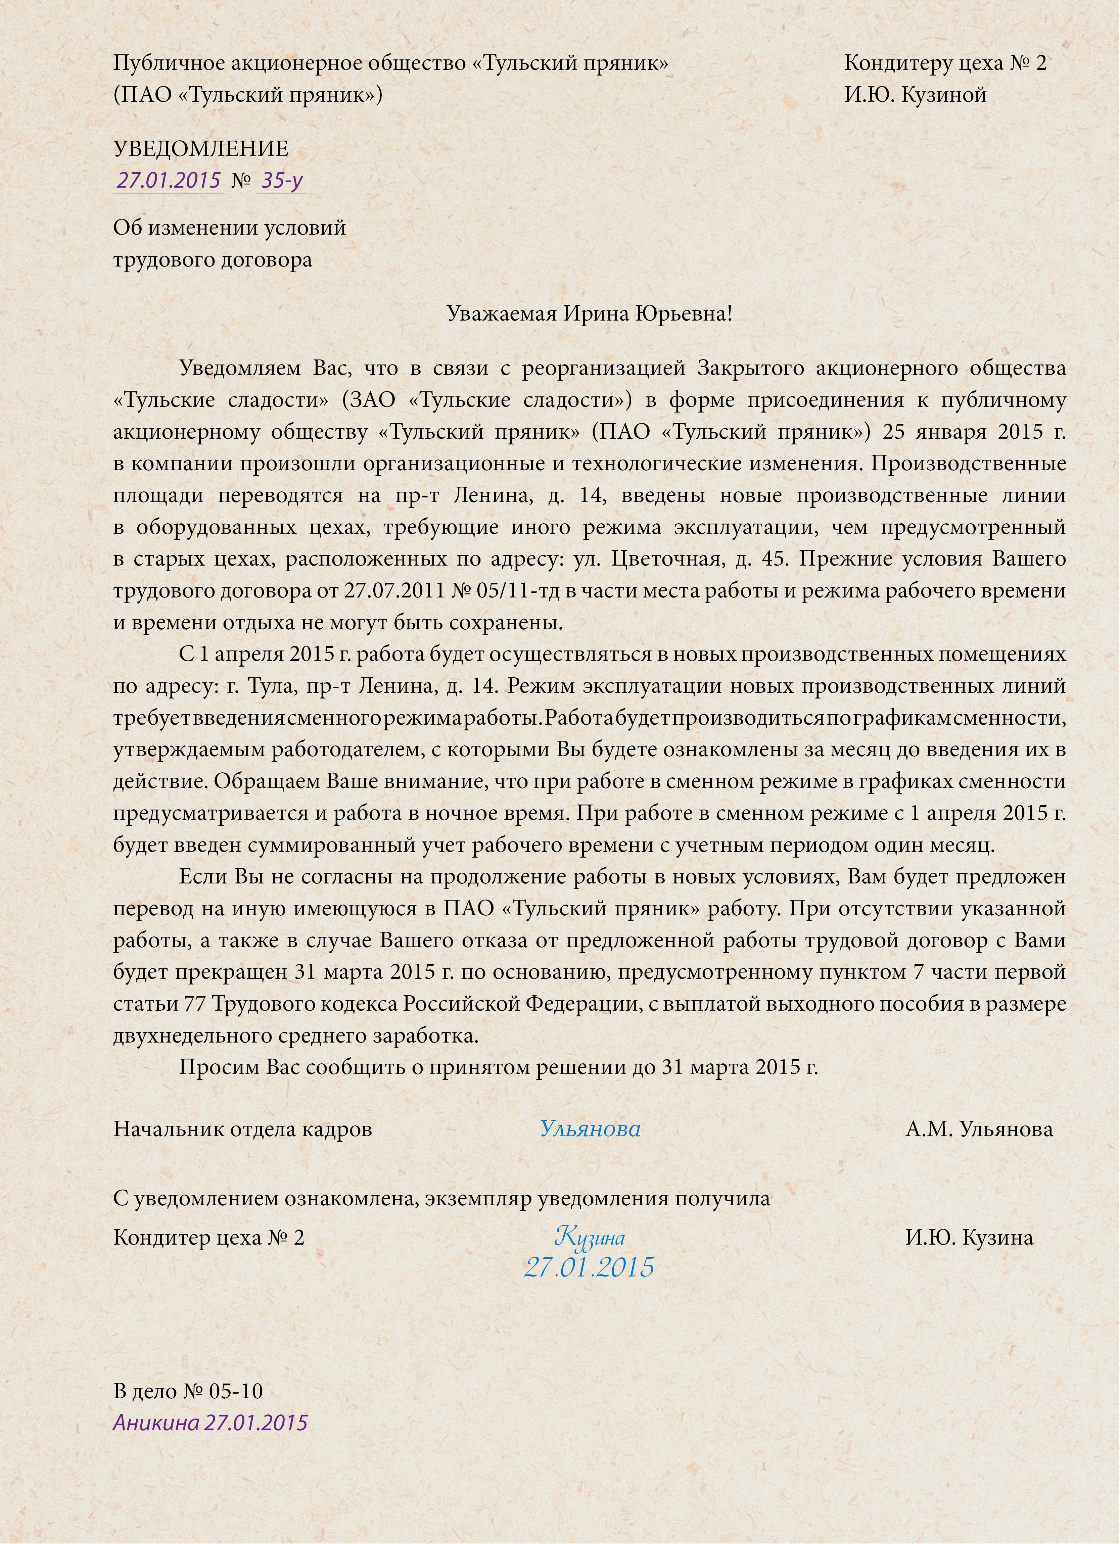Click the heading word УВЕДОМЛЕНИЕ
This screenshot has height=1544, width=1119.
tap(200, 148)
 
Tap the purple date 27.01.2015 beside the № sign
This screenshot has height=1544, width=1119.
tap(169, 180)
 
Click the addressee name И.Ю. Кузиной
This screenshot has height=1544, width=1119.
tap(915, 95)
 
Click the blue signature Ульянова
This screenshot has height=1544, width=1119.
tap(590, 1129)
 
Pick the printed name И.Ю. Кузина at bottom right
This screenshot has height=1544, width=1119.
tap(969, 1237)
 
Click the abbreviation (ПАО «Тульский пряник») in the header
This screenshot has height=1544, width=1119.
tap(248, 95)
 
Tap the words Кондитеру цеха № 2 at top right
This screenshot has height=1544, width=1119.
tap(945, 63)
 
